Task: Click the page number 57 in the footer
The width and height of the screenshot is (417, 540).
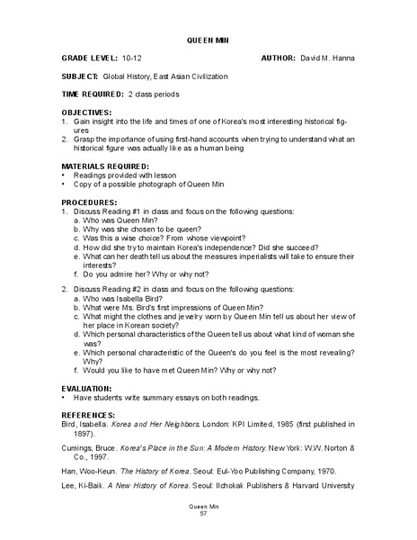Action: point(208,515)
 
